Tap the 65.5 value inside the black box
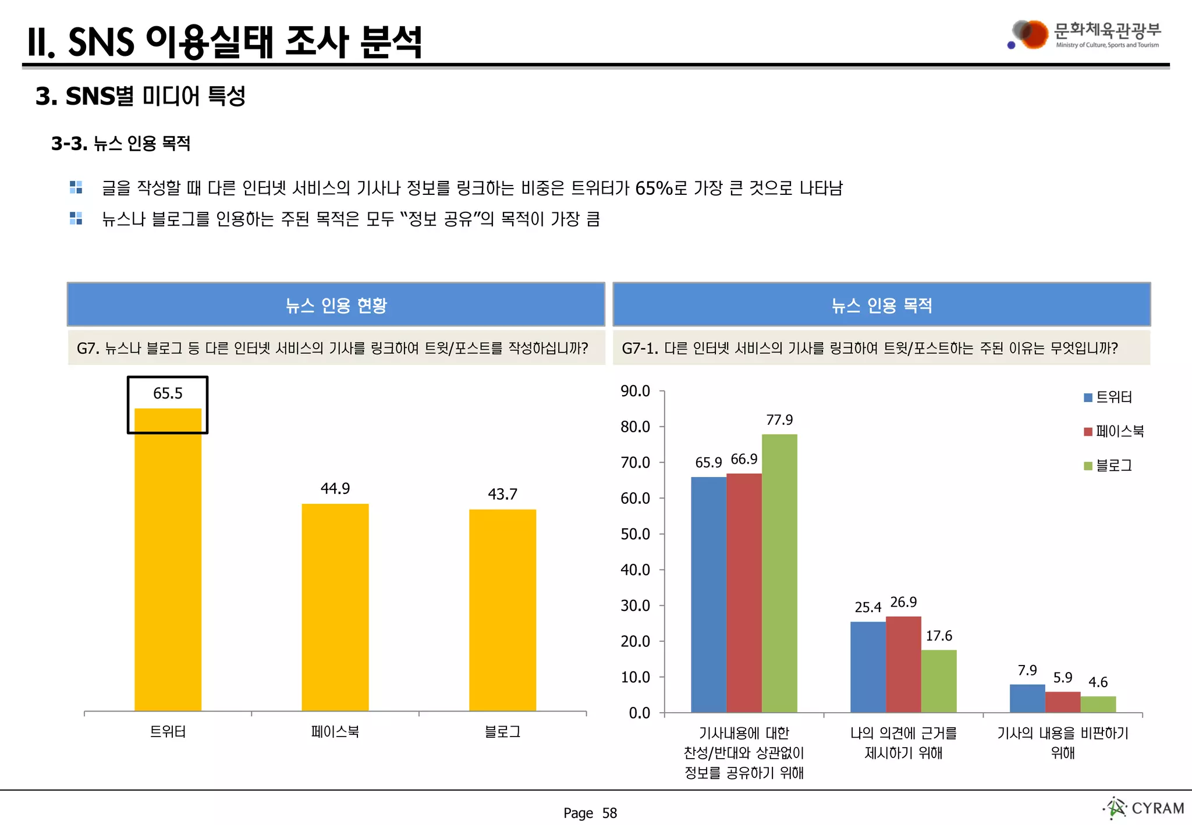point(168,394)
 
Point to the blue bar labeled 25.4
point(868,667)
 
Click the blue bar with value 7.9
point(1027,698)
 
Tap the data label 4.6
point(1098,682)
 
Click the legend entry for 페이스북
point(1114,431)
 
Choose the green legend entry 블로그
point(1108,465)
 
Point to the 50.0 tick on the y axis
point(635,534)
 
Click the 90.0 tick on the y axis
point(635,391)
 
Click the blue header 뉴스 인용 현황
point(336,305)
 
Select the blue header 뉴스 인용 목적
point(881,305)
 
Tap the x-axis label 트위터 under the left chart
point(168,731)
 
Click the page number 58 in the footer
point(609,813)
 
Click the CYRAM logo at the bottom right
point(1144,808)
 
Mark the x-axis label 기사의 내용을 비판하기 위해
point(1062,742)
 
